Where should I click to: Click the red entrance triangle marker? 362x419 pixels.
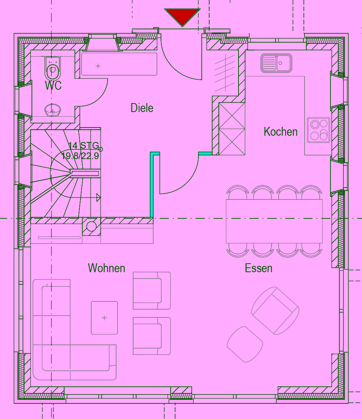pos(182,16)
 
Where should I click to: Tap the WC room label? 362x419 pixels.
pos(53,86)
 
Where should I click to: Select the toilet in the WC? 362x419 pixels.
pos(53,68)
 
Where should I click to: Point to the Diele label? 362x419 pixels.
pos(142,108)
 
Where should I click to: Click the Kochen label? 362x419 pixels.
pos(280,132)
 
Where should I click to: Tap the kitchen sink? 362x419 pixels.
pos(276,63)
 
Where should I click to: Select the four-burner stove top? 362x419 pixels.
pos(319,130)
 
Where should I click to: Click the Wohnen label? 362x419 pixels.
pos(106,268)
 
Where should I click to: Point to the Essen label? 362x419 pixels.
pos(259,268)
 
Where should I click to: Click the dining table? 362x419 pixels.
pos(274,221)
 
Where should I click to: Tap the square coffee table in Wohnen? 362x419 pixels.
pos(104,318)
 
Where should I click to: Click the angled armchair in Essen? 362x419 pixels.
pos(275,311)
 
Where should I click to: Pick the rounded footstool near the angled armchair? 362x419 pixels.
pos(245,344)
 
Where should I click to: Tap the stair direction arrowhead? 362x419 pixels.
pos(98,198)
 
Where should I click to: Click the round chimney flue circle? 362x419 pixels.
pos(91,226)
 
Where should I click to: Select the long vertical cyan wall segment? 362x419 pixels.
pos(152,185)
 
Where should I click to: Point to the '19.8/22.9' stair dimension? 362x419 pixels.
pos(80,155)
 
